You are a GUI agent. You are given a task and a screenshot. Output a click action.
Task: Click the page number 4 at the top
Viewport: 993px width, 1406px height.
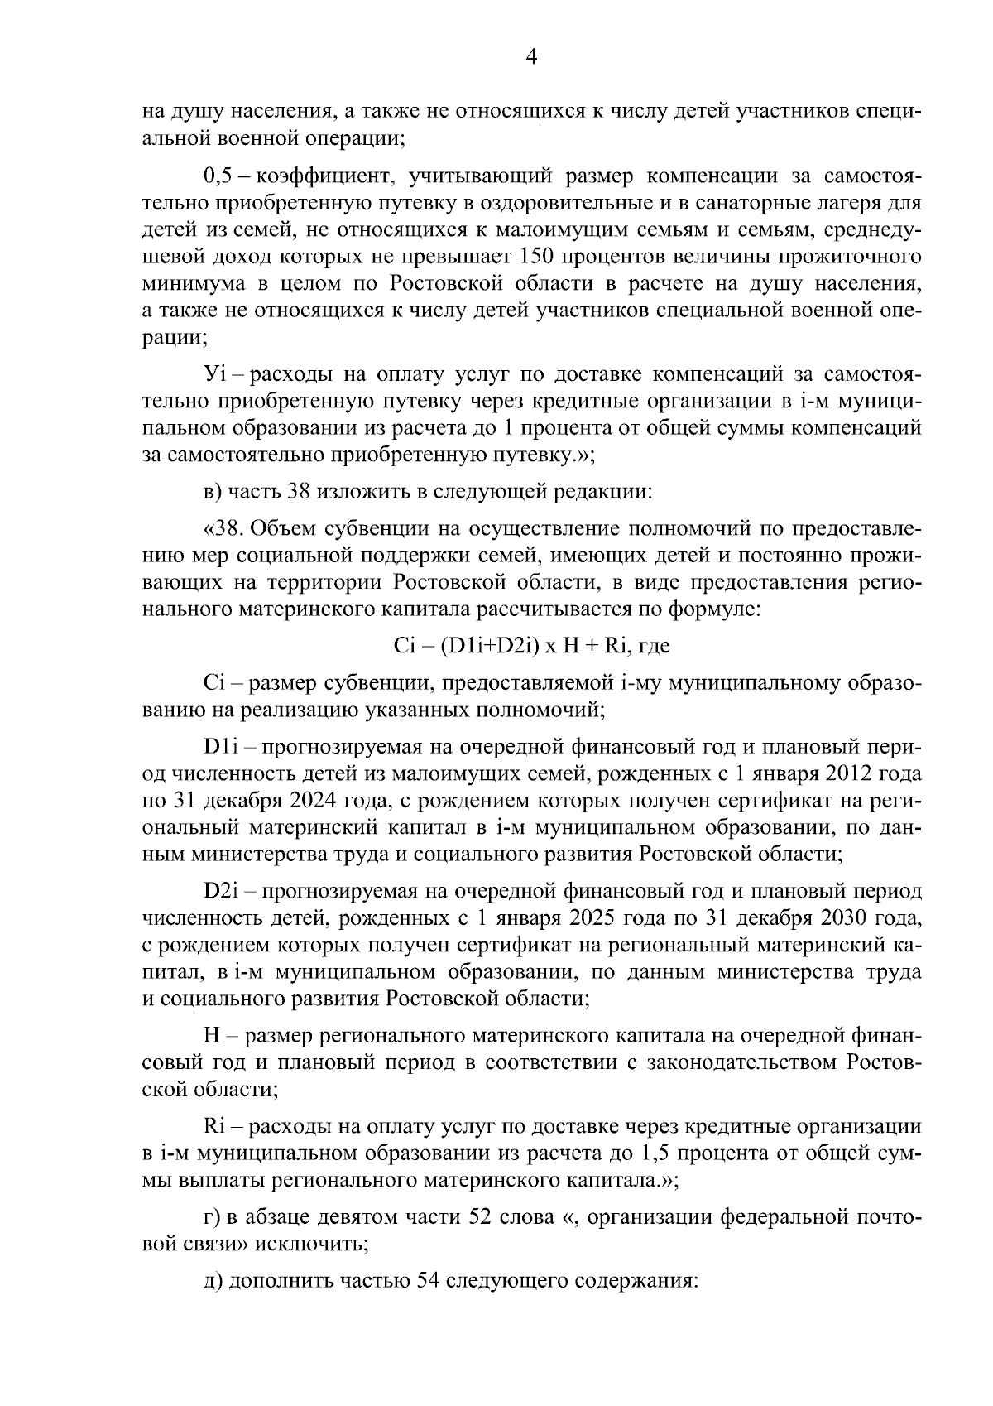pos(532,56)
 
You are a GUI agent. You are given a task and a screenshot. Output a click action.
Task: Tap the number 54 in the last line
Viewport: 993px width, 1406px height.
pos(425,1282)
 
